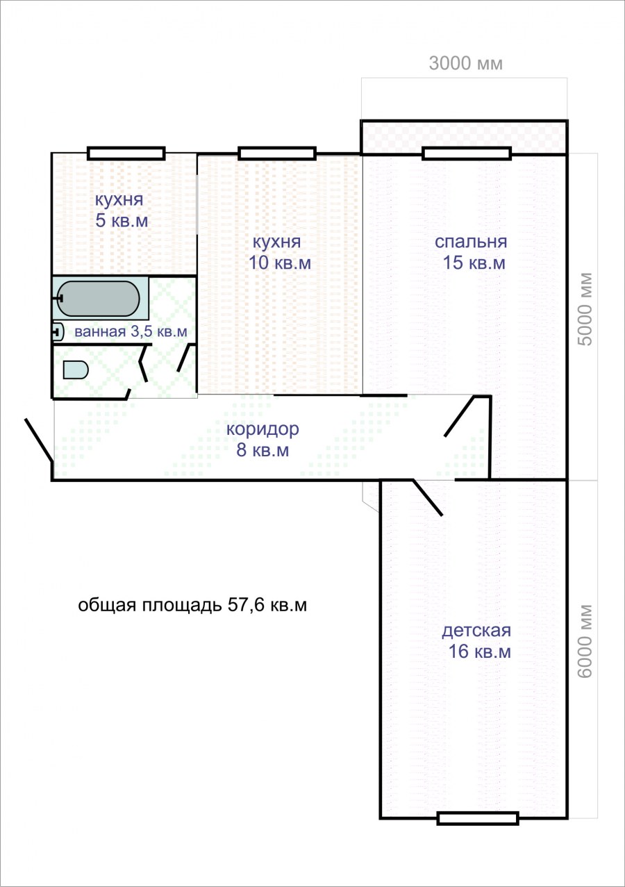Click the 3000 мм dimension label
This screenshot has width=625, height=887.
point(465,63)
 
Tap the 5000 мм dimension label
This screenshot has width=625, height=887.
point(585,309)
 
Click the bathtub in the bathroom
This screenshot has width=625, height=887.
point(98,299)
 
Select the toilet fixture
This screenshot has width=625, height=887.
point(75,370)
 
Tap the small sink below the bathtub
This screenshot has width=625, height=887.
point(58,332)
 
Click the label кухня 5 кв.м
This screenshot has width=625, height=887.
point(121,210)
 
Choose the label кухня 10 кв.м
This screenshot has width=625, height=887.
point(279,252)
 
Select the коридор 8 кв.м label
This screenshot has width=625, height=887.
point(262,439)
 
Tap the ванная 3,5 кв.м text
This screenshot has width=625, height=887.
point(131,331)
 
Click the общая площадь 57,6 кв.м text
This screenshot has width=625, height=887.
point(192,605)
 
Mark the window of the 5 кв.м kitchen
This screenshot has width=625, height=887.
point(126,154)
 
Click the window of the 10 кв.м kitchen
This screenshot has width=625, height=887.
point(276,154)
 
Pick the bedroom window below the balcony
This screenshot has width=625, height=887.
point(466,154)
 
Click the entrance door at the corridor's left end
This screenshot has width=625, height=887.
point(39,440)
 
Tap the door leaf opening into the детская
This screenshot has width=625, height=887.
point(428,497)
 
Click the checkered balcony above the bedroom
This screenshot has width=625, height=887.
point(464,137)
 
